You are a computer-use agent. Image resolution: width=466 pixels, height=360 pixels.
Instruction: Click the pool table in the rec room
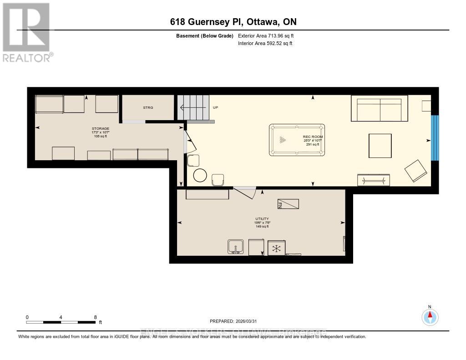(297, 140)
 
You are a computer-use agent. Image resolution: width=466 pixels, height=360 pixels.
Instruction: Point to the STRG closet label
(148, 107)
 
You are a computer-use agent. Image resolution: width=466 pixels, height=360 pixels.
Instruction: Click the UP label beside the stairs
(216, 107)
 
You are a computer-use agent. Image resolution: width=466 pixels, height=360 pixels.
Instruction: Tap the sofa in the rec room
(379, 108)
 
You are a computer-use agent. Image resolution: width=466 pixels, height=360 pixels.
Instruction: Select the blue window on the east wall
(435, 138)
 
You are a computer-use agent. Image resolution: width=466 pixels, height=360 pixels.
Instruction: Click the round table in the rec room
(200, 175)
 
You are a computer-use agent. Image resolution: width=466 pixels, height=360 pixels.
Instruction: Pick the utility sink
(236, 247)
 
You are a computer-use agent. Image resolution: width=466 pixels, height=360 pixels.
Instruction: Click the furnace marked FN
(288, 204)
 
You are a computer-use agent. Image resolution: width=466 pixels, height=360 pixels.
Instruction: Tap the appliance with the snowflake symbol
(275, 248)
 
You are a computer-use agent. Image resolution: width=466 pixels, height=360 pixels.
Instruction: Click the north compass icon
(430, 316)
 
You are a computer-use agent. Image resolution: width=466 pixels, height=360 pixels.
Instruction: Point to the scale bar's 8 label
(95, 317)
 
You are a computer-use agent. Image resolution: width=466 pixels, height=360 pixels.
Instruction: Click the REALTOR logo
(27, 32)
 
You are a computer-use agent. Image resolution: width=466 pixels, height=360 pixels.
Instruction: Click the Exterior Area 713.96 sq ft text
(269, 36)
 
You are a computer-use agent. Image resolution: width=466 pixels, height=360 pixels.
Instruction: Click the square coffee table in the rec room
(380, 146)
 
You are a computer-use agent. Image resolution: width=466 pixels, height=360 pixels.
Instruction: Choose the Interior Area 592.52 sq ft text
(265, 44)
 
